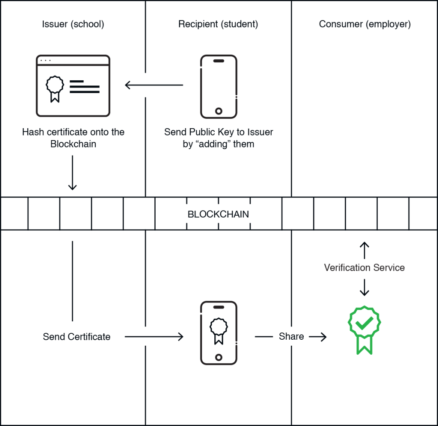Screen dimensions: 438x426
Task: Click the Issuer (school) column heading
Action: click(73, 24)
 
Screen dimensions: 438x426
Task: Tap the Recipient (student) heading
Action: click(218, 24)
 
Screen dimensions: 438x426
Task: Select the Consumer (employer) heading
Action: click(365, 24)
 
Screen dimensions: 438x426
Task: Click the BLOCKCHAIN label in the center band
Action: click(218, 214)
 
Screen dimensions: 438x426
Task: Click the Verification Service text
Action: click(364, 267)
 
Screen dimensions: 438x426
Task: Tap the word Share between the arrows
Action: click(291, 336)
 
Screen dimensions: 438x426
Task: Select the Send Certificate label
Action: click(77, 337)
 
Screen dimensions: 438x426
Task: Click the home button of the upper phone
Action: click(219, 111)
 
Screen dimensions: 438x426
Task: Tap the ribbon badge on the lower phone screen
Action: click(219, 331)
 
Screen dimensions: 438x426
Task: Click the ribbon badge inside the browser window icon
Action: click(55, 89)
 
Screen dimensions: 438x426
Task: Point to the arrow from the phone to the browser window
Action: click(154, 85)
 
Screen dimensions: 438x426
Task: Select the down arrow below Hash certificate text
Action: click(72, 173)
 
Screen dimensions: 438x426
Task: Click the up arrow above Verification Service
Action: click(364, 250)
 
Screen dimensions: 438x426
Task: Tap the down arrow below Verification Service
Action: click(364, 288)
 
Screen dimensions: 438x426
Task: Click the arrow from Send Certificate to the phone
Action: click(154, 337)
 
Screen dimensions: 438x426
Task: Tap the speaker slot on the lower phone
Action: click(219, 307)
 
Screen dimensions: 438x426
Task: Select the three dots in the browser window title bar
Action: click(45, 60)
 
